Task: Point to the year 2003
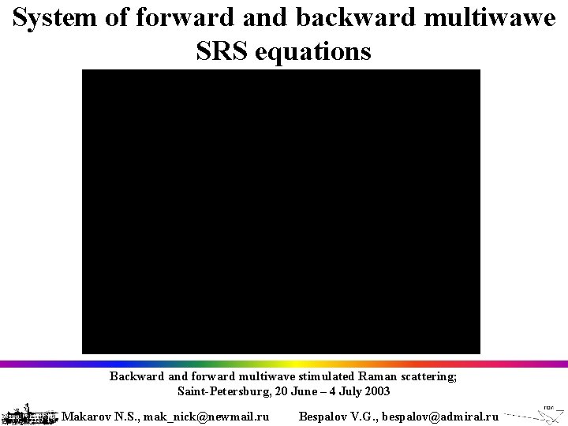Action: click(x=376, y=391)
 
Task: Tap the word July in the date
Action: click(x=348, y=391)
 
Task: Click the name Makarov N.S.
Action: click(x=99, y=416)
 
